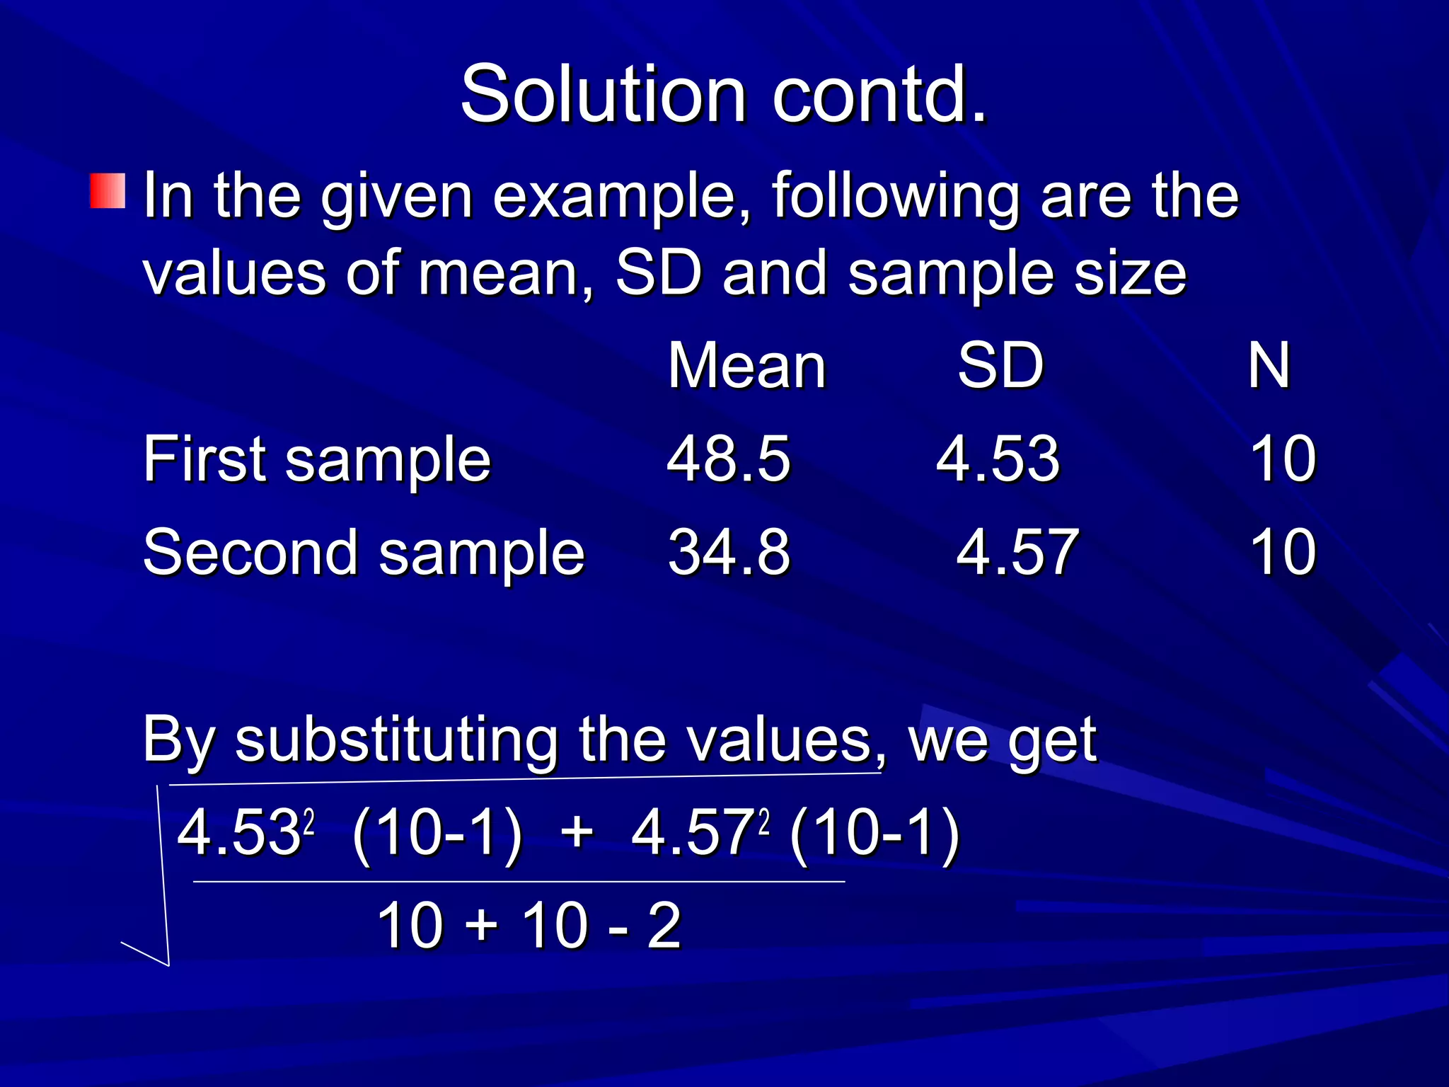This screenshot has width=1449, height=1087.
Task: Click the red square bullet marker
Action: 108,190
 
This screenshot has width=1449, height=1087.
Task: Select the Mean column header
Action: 746,366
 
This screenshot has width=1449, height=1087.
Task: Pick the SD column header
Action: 1000,366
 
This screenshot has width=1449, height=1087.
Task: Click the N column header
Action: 1269,366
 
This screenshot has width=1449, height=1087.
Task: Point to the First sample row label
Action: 316,459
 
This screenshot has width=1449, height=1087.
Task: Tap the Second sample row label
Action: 364,553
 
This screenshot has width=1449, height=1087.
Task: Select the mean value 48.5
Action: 728,459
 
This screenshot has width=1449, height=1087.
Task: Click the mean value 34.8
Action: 728,553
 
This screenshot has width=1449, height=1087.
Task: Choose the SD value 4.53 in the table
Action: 998,459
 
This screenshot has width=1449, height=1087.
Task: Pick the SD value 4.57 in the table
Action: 1017,553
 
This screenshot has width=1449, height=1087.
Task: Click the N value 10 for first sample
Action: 1283,459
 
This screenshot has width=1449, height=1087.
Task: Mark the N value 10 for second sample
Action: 1283,553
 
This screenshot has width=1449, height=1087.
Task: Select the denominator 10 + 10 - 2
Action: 529,925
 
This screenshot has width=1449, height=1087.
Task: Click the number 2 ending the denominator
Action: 664,925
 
